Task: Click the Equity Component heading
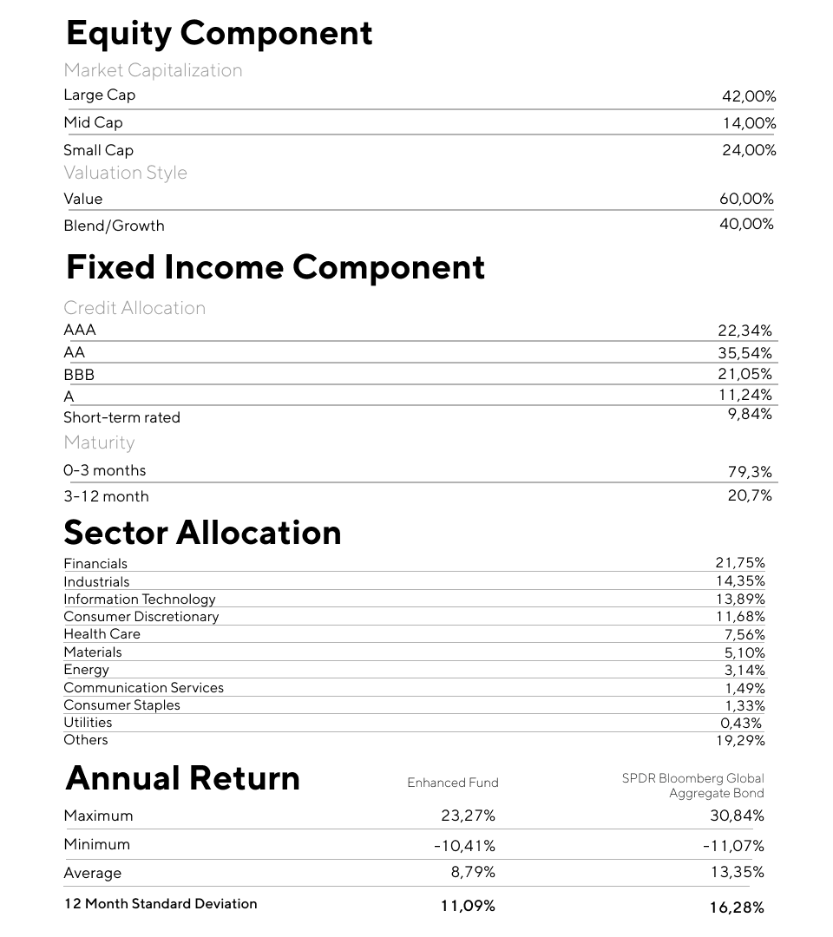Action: point(219,34)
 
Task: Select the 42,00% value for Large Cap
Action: point(748,97)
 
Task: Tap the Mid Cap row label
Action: point(93,122)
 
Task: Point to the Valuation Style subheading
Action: point(125,173)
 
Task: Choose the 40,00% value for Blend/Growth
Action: point(746,224)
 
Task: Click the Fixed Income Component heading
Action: point(275,267)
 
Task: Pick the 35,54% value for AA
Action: point(744,352)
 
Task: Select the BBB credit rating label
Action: point(79,375)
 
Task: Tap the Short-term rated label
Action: point(121,417)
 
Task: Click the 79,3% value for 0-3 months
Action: point(750,472)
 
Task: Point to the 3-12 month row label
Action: point(106,496)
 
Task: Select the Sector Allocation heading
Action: point(202,533)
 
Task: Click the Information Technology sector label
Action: point(139,600)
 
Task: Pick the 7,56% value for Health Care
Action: point(744,634)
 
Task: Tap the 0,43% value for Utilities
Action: point(741,723)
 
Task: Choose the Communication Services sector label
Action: point(143,687)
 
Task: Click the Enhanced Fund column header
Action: point(453,783)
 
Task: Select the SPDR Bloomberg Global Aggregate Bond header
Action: point(693,785)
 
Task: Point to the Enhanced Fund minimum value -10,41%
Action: point(464,845)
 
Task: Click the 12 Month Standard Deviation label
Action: point(161,903)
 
